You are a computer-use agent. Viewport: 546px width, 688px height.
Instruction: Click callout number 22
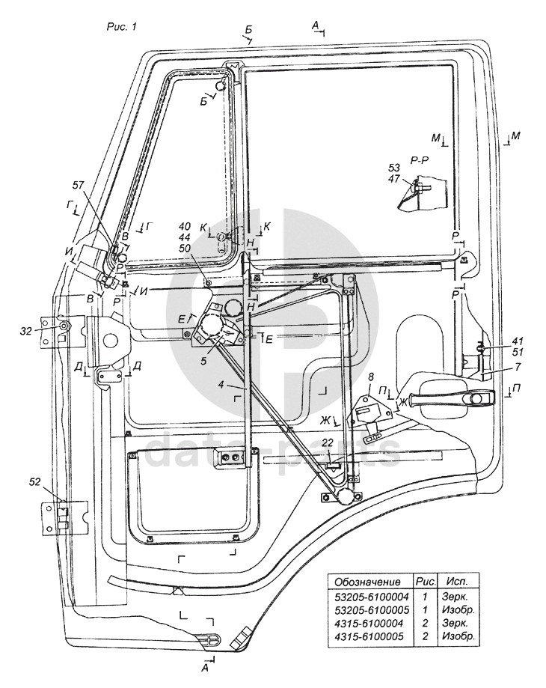(328, 443)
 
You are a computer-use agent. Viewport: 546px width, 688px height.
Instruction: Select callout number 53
(393, 168)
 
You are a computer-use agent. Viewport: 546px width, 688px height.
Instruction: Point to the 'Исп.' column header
(456, 581)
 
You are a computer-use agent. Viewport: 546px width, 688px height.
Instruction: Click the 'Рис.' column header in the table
(423, 581)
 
